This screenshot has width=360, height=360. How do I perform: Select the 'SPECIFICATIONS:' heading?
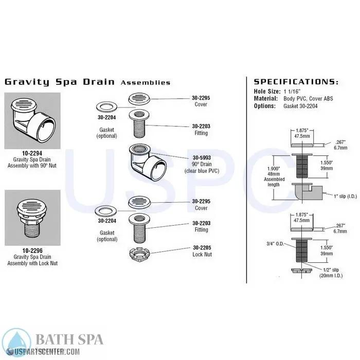coord(296,81)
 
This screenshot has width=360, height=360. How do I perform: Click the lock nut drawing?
coord(139,255)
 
